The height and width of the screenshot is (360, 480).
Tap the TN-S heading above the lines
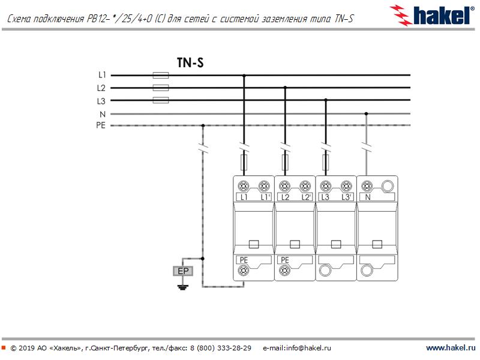pyautogui.click(x=190, y=62)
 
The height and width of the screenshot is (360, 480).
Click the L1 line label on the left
pyautogui.click(x=101, y=75)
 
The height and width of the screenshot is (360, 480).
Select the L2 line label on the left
pyautogui.click(x=101, y=88)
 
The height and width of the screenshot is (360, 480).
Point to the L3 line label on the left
pyautogui.click(x=101, y=100)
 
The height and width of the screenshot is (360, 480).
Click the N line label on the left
pyautogui.click(x=103, y=113)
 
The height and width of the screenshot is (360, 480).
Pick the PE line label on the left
pyautogui.click(x=101, y=125)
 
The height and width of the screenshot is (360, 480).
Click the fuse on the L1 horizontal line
pyautogui.click(x=161, y=76)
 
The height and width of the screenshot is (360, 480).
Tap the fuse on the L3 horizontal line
pyautogui.click(x=161, y=101)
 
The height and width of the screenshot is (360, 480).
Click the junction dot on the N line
pyautogui.click(x=366, y=113)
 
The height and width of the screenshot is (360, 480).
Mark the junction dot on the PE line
pyautogui.click(x=203, y=125)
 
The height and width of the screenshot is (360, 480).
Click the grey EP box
pyautogui.click(x=183, y=271)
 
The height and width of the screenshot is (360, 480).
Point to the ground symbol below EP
pyautogui.click(x=183, y=287)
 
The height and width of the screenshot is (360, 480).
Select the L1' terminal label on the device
pyautogui.click(x=264, y=197)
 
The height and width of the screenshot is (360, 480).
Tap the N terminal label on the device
pyautogui.click(x=367, y=197)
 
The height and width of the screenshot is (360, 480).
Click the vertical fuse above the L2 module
pyautogui.click(x=285, y=162)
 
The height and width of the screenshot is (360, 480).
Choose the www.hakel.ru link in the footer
pyautogui.click(x=450, y=348)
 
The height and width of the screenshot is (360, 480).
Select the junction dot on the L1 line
pyautogui.click(x=244, y=76)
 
